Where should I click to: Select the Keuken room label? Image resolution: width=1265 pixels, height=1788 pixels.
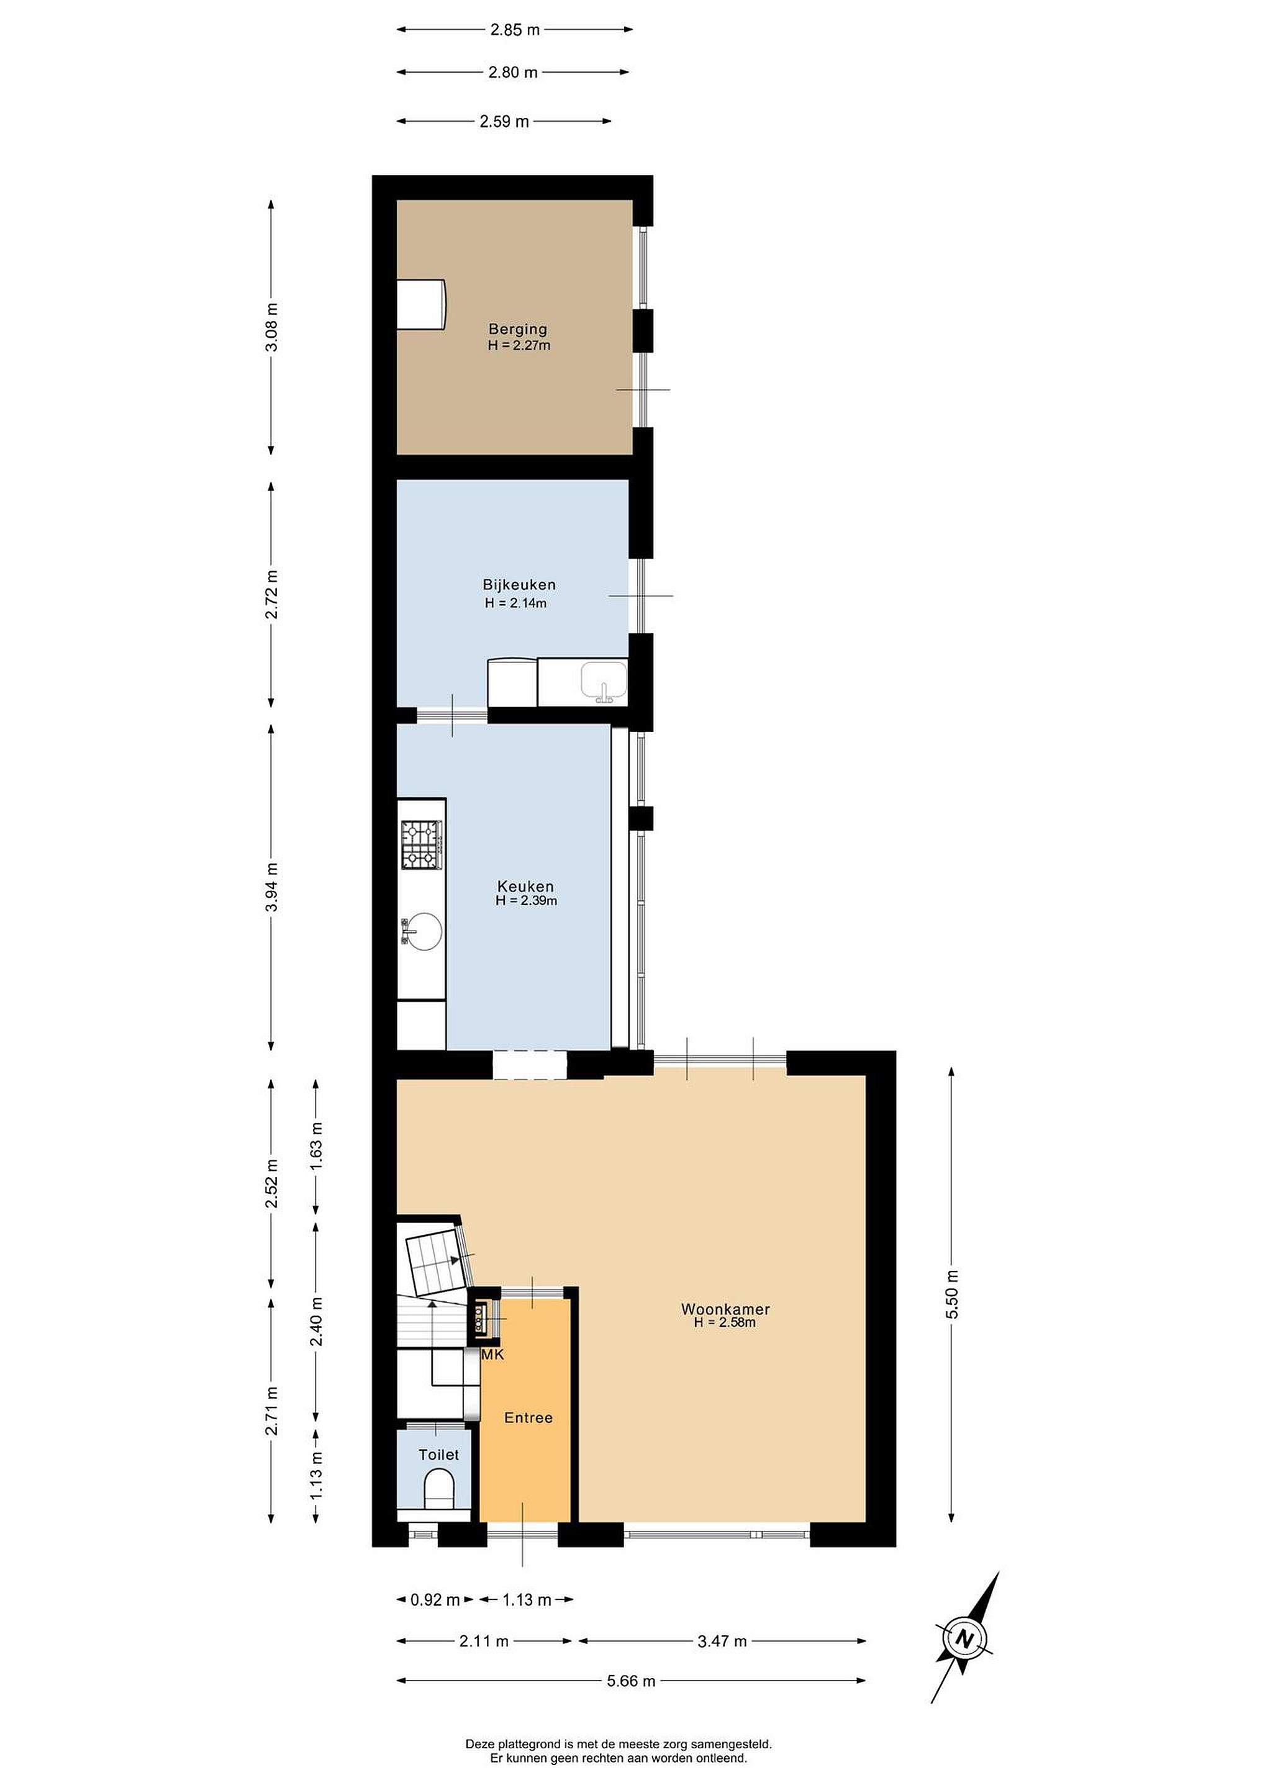coord(526,886)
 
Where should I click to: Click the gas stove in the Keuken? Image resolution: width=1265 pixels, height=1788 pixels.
coord(422,845)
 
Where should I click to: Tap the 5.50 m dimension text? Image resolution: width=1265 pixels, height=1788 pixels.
coord(953,1293)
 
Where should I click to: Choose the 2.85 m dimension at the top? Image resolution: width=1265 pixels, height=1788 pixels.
coord(515,30)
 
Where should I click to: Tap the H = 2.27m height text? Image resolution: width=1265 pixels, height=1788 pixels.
coord(519,345)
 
